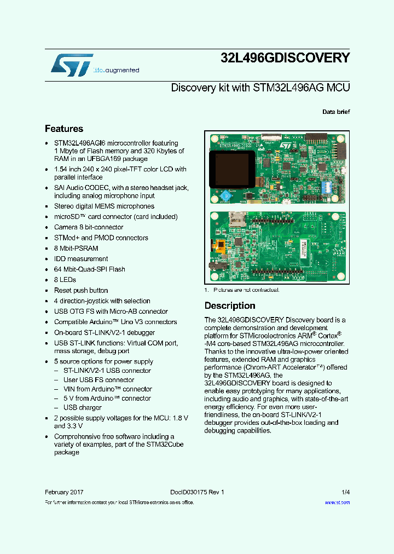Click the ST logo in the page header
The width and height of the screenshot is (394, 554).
[x=72, y=65]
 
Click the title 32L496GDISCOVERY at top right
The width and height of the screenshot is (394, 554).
[x=285, y=58]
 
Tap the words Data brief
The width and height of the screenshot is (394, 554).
[x=336, y=112]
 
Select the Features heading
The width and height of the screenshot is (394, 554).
[x=64, y=129]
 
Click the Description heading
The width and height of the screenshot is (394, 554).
[x=230, y=305]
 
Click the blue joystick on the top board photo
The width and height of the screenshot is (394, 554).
[x=224, y=195]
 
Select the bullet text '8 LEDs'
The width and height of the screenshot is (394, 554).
[x=65, y=280]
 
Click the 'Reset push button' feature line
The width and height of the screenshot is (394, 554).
[x=81, y=290]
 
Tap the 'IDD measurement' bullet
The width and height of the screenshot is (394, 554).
[x=80, y=258]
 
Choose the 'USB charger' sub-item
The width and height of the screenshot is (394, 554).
[x=83, y=407]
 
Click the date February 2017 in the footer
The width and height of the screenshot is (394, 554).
[x=64, y=492]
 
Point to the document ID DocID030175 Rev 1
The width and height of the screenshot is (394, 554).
[x=193, y=492]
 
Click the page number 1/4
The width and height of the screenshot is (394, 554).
[x=345, y=492]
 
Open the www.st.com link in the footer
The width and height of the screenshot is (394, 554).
[x=337, y=502]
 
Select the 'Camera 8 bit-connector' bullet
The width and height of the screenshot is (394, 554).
[x=89, y=227]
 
